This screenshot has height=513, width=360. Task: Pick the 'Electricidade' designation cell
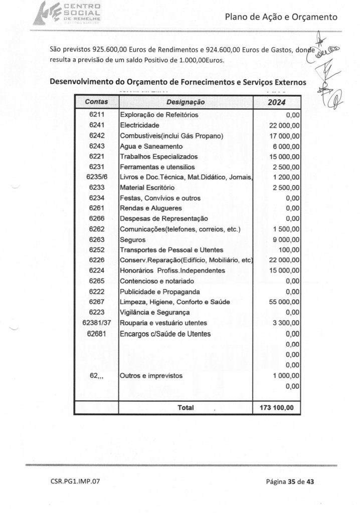[x=140, y=125]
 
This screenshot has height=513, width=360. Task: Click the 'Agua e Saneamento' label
[x=150, y=146]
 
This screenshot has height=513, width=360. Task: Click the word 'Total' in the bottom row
[x=186, y=408]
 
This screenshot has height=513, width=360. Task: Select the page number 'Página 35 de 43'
[x=290, y=482]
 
